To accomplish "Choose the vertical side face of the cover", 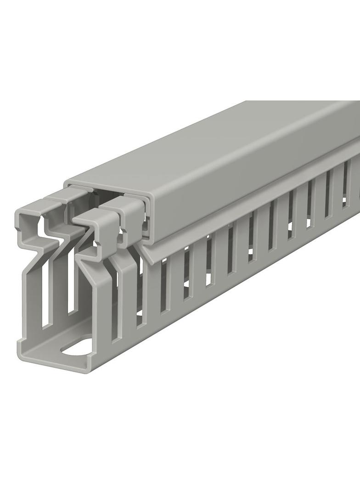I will pos(230,193).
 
